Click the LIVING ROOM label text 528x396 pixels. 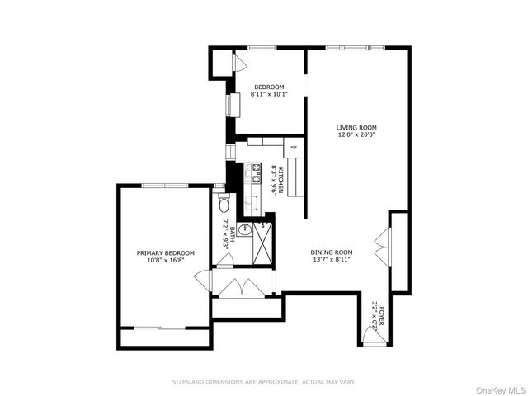[x=356, y=128]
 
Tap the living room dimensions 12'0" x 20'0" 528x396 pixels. [x=356, y=135]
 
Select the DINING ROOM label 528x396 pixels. [x=332, y=252]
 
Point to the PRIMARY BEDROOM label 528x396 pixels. [x=166, y=252]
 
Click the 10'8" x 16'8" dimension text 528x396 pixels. [x=166, y=260]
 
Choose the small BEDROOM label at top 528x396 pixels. [x=269, y=87]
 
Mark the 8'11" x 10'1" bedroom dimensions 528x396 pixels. [x=269, y=95]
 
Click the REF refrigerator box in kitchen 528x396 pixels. [x=293, y=148]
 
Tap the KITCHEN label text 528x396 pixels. [x=281, y=180]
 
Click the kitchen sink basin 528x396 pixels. [x=253, y=200]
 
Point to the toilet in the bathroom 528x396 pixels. [x=223, y=204]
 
